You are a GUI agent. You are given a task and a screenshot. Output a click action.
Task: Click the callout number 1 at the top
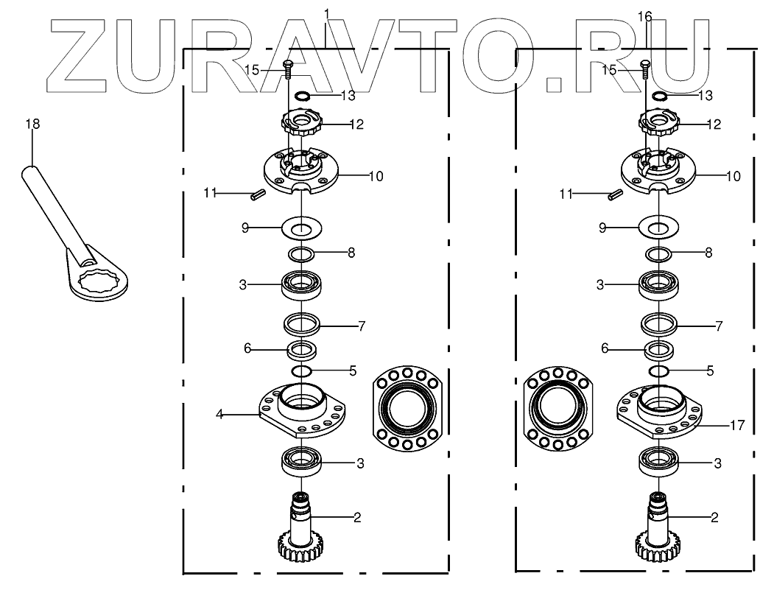(x=326, y=14)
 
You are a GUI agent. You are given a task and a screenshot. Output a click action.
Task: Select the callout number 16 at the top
(x=645, y=15)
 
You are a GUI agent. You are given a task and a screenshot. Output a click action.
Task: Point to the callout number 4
(x=219, y=415)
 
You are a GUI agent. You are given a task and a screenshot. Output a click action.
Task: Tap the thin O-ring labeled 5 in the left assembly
(x=302, y=370)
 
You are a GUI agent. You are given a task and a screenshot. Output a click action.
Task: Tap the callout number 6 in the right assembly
(x=605, y=348)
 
